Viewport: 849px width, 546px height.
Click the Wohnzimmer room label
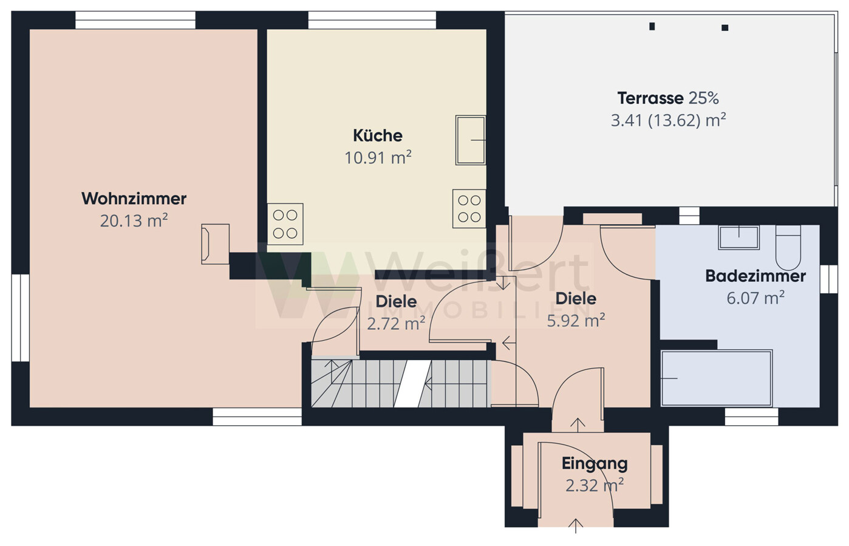pyautogui.click(x=134, y=199)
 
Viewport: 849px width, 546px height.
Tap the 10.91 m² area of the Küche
pyautogui.click(x=378, y=157)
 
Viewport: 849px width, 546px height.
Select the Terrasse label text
pyautogui.click(x=650, y=98)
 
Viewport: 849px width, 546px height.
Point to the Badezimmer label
pyautogui.click(x=755, y=276)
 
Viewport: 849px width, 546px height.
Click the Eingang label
pyautogui.click(x=595, y=464)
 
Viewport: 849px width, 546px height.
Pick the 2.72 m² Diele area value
pyautogui.click(x=396, y=324)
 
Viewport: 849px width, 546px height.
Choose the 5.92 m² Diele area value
pyautogui.click(x=576, y=321)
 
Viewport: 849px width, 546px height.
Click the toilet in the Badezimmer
pyautogui.click(x=788, y=248)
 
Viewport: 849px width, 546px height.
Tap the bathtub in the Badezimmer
pyautogui.click(x=717, y=378)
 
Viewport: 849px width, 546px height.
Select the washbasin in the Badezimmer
pyautogui.click(x=738, y=237)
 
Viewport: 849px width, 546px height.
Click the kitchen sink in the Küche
pyautogui.click(x=471, y=140)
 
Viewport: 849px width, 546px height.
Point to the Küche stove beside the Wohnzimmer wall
pyautogui.click(x=285, y=224)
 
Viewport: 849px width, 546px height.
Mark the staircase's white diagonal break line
pyautogui.click(x=412, y=384)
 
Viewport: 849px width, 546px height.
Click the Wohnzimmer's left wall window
pyautogui.click(x=21, y=318)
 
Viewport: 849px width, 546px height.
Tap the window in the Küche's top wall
pyautogui.click(x=372, y=20)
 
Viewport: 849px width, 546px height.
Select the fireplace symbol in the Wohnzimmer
pyautogui.click(x=215, y=244)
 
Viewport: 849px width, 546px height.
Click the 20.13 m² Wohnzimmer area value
pyautogui.click(x=134, y=220)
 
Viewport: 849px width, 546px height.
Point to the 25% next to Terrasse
pyautogui.click(x=703, y=98)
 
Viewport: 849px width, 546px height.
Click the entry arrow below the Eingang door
pyautogui.click(x=575, y=526)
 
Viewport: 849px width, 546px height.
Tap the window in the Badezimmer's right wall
pyautogui.click(x=828, y=279)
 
